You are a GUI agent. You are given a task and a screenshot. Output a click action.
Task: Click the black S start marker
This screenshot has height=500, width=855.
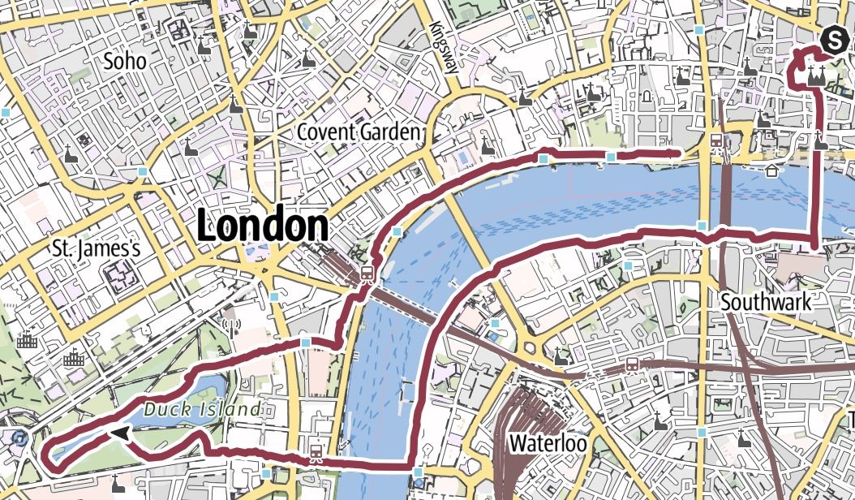click(x=833, y=38)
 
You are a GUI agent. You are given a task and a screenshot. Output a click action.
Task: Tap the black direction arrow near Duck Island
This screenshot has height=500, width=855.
click(x=122, y=434)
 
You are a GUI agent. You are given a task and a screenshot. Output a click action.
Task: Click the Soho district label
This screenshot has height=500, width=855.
click(x=124, y=60)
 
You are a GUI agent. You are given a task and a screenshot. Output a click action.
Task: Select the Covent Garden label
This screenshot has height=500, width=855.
click(x=359, y=131)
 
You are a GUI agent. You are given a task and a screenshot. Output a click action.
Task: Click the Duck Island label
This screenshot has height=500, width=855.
click(x=202, y=408)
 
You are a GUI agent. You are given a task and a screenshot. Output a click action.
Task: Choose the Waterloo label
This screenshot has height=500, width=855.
click(x=548, y=443)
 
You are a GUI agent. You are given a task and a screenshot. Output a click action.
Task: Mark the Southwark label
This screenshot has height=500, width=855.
click(x=766, y=302)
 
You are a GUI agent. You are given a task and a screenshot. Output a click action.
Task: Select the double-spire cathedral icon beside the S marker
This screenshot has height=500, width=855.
click(x=817, y=77)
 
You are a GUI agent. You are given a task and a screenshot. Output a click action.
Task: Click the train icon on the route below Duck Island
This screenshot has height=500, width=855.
click(x=316, y=452)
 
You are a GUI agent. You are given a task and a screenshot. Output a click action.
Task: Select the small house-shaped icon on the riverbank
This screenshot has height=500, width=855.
click(x=769, y=170)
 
